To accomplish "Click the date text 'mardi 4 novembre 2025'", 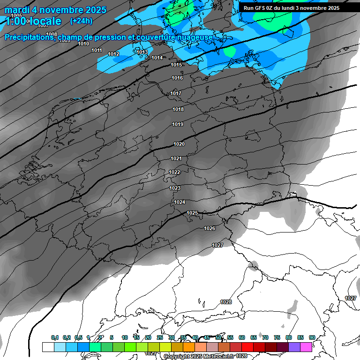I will pyautogui.click(x=55, y=10).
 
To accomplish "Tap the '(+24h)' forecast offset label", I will pyautogui.click(x=81, y=21).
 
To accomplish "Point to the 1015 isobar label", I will pyautogui.click(x=176, y=65).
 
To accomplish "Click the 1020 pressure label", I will pyautogui.click(x=179, y=144).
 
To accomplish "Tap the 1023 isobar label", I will pyautogui.click(x=175, y=188).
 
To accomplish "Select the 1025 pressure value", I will pyautogui.click(x=192, y=213).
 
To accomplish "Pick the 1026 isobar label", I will pyautogui.click(x=210, y=228).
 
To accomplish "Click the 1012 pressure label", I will pyautogui.click(x=113, y=54).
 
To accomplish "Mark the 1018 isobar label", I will pyautogui.click(x=178, y=109).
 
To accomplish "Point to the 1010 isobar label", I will pyautogui.click(x=83, y=44).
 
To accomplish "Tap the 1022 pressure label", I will pyautogui.click(x=174, y=172).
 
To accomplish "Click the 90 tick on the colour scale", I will pyautogui.click(x=312, y=337).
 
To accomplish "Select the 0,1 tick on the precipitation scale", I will pyautogui.click(x=55, y=337).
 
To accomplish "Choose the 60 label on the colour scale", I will pyautogui.click(x=242, y=337).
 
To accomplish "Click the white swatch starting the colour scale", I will pyautogui.click(x=48, y=347).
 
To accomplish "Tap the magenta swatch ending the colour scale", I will pyautogui.click(x=306, y=347).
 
